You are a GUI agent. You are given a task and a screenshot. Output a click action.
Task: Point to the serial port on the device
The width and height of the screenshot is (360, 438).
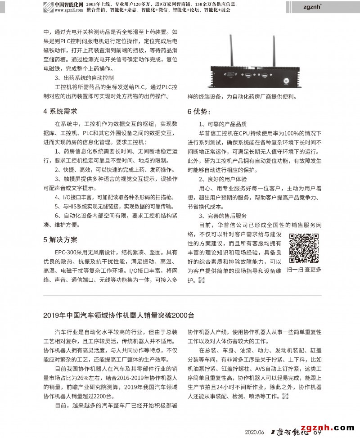228,76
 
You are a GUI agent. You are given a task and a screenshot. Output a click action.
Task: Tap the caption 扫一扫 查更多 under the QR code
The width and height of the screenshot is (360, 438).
304,270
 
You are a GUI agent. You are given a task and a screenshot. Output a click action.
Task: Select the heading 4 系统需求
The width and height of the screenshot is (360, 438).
60,111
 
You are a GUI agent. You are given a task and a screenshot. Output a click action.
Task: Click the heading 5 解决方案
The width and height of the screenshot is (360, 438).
60,239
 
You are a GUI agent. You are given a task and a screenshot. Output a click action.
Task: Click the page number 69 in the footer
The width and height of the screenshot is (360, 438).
317,433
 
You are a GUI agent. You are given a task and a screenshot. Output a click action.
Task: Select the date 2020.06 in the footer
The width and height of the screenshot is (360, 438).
254,433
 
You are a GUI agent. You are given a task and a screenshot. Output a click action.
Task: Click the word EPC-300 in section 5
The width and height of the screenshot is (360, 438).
66,252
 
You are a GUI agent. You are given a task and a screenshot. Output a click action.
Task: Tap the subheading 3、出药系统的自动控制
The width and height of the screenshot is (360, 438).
81,77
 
